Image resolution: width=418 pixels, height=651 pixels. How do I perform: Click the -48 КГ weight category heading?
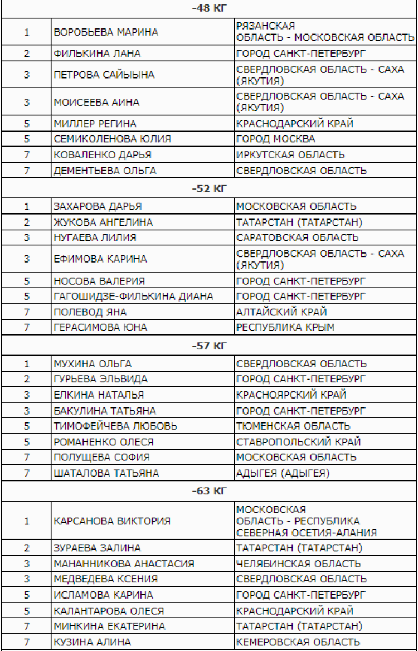(209, 8)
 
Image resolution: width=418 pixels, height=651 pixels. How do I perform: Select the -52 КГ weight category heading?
(209, 188)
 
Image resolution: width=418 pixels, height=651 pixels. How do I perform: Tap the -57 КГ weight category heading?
(209, 346)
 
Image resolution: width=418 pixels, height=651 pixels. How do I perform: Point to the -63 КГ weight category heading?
(209, 491)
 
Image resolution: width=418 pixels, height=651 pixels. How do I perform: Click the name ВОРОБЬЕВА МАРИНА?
(106, 32)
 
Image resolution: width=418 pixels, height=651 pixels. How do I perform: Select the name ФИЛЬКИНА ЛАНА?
(97, 54)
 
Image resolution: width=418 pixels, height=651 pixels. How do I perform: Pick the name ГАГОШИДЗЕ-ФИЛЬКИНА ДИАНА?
(133, 296)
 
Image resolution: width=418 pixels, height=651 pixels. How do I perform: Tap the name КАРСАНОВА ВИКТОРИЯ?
(112, 522)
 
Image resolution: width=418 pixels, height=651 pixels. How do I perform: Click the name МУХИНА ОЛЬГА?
(93, 364)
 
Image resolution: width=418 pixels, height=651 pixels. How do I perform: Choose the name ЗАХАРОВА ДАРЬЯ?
(98, 206)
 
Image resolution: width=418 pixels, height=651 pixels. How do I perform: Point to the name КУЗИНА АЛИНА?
(92, 642)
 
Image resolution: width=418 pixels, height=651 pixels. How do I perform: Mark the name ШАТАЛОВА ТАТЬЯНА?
(106, 473)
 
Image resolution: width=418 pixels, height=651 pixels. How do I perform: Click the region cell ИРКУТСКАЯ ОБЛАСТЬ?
(290, 155)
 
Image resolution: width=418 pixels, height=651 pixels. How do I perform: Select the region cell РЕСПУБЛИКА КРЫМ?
(285, 327)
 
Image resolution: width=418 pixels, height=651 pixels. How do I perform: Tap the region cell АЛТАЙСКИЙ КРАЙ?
(281, 312)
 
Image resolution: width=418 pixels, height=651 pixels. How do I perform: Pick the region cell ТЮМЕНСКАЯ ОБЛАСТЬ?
(293, 426)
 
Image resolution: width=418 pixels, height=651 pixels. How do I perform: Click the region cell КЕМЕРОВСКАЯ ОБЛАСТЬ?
(298, 642)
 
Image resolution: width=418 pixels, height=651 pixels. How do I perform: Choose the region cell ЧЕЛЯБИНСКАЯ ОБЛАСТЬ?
(298, 563)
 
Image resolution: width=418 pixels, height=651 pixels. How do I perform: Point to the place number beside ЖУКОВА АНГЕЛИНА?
(26, 222)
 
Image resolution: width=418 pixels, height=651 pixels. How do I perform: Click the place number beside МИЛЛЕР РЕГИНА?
(26, 123)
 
